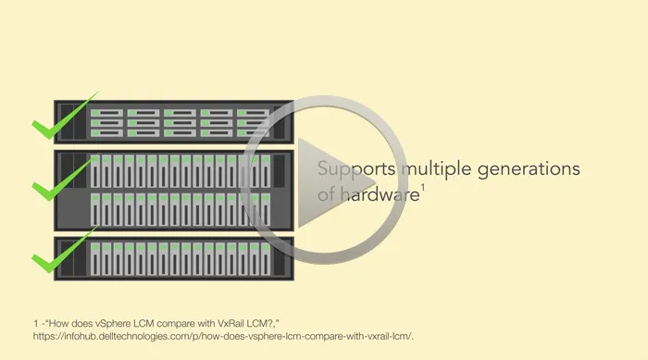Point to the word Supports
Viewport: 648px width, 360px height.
[356, 169]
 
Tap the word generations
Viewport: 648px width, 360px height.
[529, 169]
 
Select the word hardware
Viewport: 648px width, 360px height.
[380, 193]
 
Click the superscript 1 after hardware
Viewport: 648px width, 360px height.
[423, 188]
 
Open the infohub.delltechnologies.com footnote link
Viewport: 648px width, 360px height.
[223, 337]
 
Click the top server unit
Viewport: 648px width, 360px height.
[174, 122]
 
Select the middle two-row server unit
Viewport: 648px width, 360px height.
[174, 190]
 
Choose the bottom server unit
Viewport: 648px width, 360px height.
[174, 258]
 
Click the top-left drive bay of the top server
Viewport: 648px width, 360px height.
[106, 113]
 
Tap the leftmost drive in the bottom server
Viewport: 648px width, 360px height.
[95, 259]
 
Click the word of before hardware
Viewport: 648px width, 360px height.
[327, 193]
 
